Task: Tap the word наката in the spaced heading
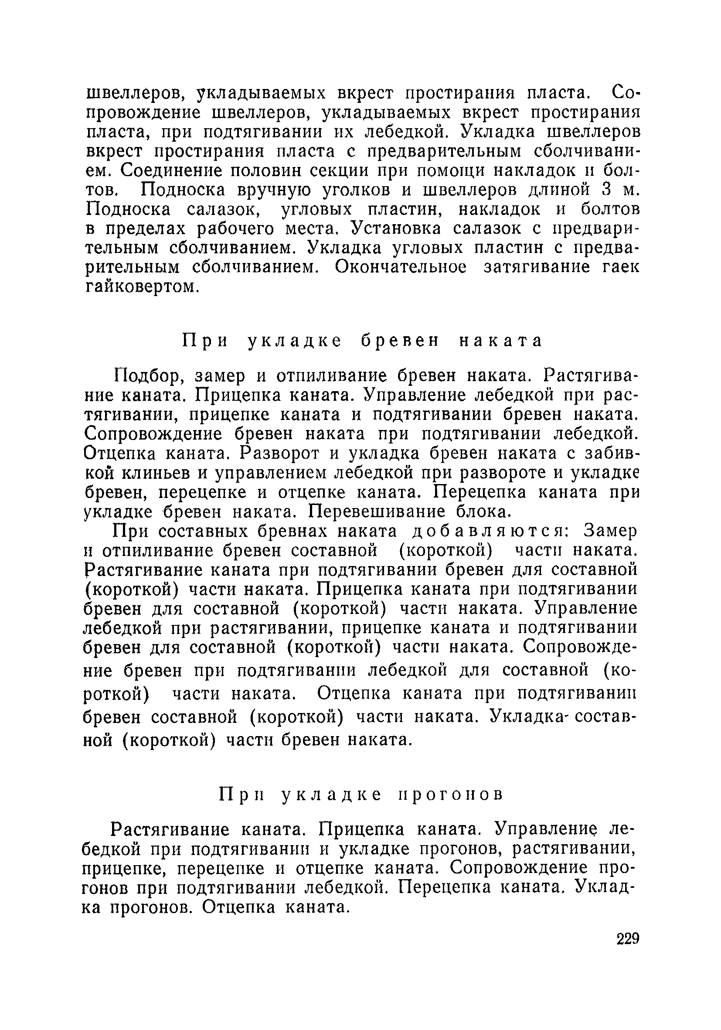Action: tap(501, 341)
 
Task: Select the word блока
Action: tap(482, 512)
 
